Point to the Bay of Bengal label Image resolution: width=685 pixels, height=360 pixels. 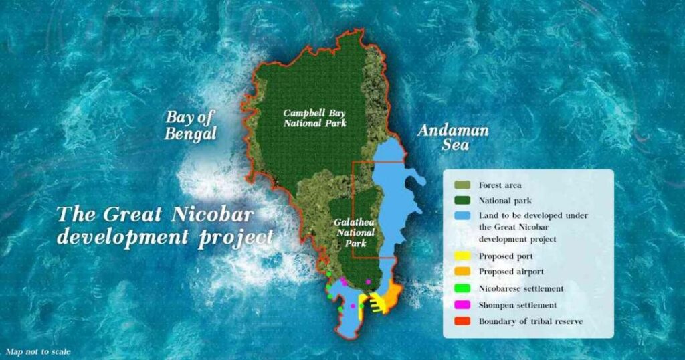click(191, 125)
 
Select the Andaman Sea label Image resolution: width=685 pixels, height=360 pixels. click(453, 137)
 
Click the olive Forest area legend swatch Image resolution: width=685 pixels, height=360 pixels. click(462, 185)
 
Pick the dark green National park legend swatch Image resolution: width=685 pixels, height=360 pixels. click(462, 200)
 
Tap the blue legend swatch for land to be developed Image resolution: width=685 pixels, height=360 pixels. click(462, 216)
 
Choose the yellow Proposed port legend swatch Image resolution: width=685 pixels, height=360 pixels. click(462, 256)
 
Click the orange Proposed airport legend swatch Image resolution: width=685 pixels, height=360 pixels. click(462, 272)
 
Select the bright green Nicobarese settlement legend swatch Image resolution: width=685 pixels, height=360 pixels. click(462, 288)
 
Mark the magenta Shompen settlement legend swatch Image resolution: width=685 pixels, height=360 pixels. click(462, 305)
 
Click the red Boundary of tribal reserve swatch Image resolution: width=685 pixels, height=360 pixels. click(462, 321)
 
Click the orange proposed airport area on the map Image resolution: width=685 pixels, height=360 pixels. click(393, 292)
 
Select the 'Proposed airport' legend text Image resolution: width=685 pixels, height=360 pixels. click(512, 272)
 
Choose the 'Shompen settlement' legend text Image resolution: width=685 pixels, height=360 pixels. click(517, 305)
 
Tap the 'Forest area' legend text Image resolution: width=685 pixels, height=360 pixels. click(500, 185)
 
